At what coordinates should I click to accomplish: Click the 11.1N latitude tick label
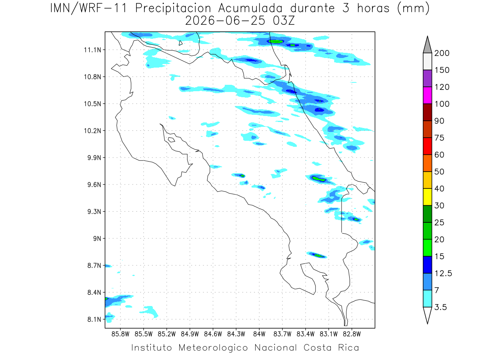pyautogui.click(x=92, y=50)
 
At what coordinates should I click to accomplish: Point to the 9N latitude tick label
pyautogui.click(x=97, y=238)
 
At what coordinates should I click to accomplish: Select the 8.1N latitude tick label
pyautogui.click(x=94, y=319)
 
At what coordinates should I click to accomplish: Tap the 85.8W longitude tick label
pyautogui.click(x=120, y=334)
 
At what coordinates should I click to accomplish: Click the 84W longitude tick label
pyautogui.click(x=259, y=334)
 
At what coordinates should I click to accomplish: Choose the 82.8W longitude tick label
pyautogui.click(x=352, y=334)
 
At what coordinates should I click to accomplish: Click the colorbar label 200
pyautogui.click(x=442, y=53)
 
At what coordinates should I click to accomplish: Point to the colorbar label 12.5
pyautogui.click(x=443, y=273)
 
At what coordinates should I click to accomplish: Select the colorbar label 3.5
pyautogui.click(x=440, y=307)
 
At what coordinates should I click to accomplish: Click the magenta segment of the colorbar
pyautogui.click(x=427, y=95)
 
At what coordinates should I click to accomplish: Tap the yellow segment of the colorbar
pyautogui.click(x=427, y=197)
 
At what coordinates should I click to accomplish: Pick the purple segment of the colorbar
pyautogui.click(x=427, y=78)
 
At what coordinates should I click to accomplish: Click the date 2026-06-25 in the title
pyautogui.click(x=225, y=21)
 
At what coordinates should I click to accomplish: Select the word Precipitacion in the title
pyautogui.click(x=173, y=8)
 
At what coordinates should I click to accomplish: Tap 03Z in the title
pyautogui.click(x=284, y=21)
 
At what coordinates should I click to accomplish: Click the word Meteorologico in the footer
pyautogui.click(x=213, y=348)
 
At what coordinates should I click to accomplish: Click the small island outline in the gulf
pyautogui.click(x=172, y=140)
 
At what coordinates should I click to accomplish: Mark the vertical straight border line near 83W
pyautogui.click(x=341, y=215)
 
